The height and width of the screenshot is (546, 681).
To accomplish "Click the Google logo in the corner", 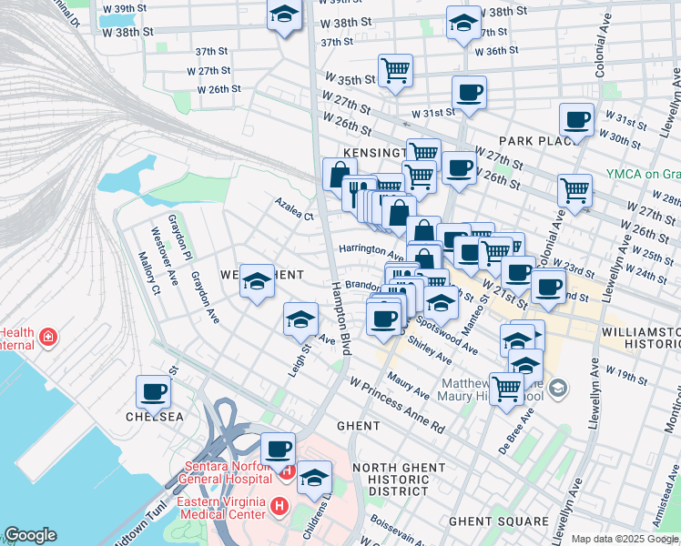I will [x=30, y=535].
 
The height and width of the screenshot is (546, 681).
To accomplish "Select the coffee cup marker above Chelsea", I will [x=152, y=392].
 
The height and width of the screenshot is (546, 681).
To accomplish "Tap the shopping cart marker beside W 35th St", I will [x=395, y=70].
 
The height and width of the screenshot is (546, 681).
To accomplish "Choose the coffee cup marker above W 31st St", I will [x=469, y=92].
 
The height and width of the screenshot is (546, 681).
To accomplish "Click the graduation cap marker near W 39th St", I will [x=284, y=15].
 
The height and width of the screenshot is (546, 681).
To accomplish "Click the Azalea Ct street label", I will [x=295, y=217].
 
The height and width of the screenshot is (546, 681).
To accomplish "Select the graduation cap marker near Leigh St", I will [x=300, y=319].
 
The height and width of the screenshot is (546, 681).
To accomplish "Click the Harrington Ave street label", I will [x=370, y=248].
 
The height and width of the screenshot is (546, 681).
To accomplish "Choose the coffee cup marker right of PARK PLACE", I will [x=576, y=119].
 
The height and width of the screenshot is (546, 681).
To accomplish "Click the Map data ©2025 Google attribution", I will [x=625, y=539].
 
